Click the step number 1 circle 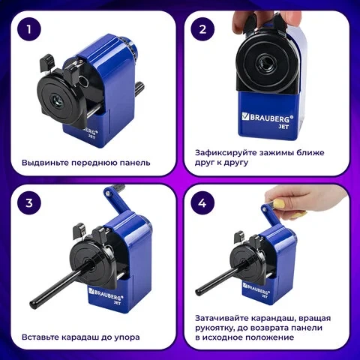point(29,29)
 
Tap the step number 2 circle point(202,29)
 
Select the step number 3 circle point(29,202)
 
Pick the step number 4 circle point(202,202)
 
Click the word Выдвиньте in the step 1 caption point(45,163)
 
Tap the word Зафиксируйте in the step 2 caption point(225,153)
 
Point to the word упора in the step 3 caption point(127,337)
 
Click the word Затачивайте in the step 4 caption point(222,318)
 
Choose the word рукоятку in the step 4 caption point(214,328)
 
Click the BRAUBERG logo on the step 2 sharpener point(268,117)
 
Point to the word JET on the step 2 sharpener point(283,127)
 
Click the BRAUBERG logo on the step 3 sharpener point(106,294)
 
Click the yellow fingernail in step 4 point(279,204)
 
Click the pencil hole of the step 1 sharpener point(58,101)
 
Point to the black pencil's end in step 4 point(199,291)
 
